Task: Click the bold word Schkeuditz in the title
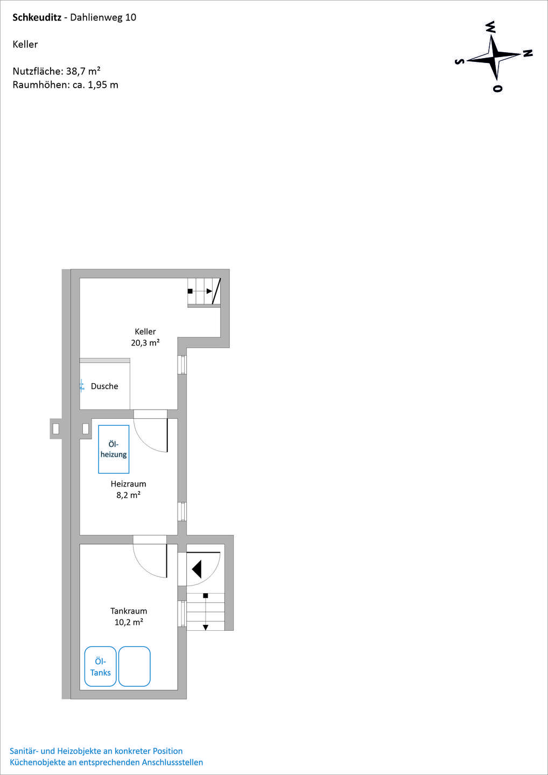(37, 18)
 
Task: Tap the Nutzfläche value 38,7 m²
(83, 71)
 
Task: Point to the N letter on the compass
(528, 53)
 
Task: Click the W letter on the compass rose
(490, 27)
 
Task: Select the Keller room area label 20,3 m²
(145, 342)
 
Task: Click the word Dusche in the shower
(104, 386)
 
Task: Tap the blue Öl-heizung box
(114, 449)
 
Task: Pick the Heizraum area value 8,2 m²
(128, 495)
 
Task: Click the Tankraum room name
(129, 611)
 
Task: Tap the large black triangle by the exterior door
(197, 569)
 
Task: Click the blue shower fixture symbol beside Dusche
(82, 385)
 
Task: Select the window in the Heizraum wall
(182, 511)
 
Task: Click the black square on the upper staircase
(190, 291)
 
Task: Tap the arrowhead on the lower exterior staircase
(206, 628)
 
